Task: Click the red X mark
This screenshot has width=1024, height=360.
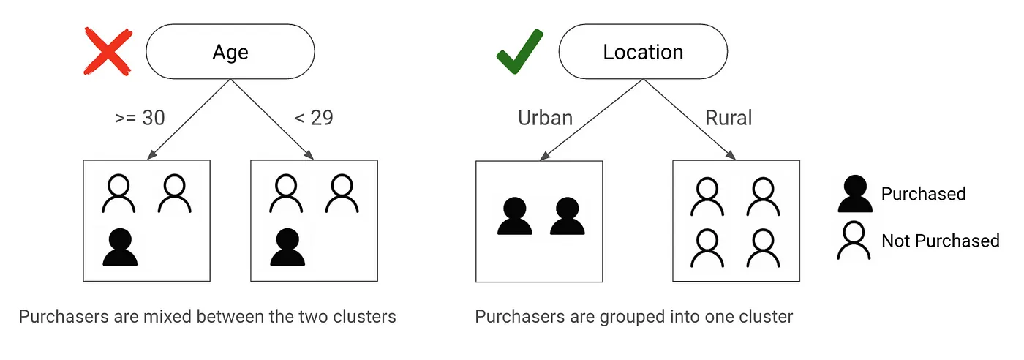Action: [x=108, y=52]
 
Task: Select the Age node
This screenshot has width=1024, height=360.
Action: [x=230, y=53]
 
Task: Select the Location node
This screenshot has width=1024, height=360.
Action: [x=643, y=53]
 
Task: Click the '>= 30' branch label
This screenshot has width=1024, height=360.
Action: [x=140, y=117]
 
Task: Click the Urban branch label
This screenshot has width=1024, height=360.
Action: [x=545, y=117]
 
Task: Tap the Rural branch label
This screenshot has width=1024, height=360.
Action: [x=729, y=117]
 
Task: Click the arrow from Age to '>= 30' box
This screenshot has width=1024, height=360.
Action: [x=189, y=119]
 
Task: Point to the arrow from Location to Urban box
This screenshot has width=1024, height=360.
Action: [x=592, y=119]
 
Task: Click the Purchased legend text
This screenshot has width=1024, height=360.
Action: [x=923, y=194]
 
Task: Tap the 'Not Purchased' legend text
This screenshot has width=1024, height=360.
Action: [x=940, y=241]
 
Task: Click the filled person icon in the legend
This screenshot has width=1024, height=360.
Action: [x=854, y=193]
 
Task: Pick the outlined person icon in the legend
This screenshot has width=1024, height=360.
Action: [x=854, y=241]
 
